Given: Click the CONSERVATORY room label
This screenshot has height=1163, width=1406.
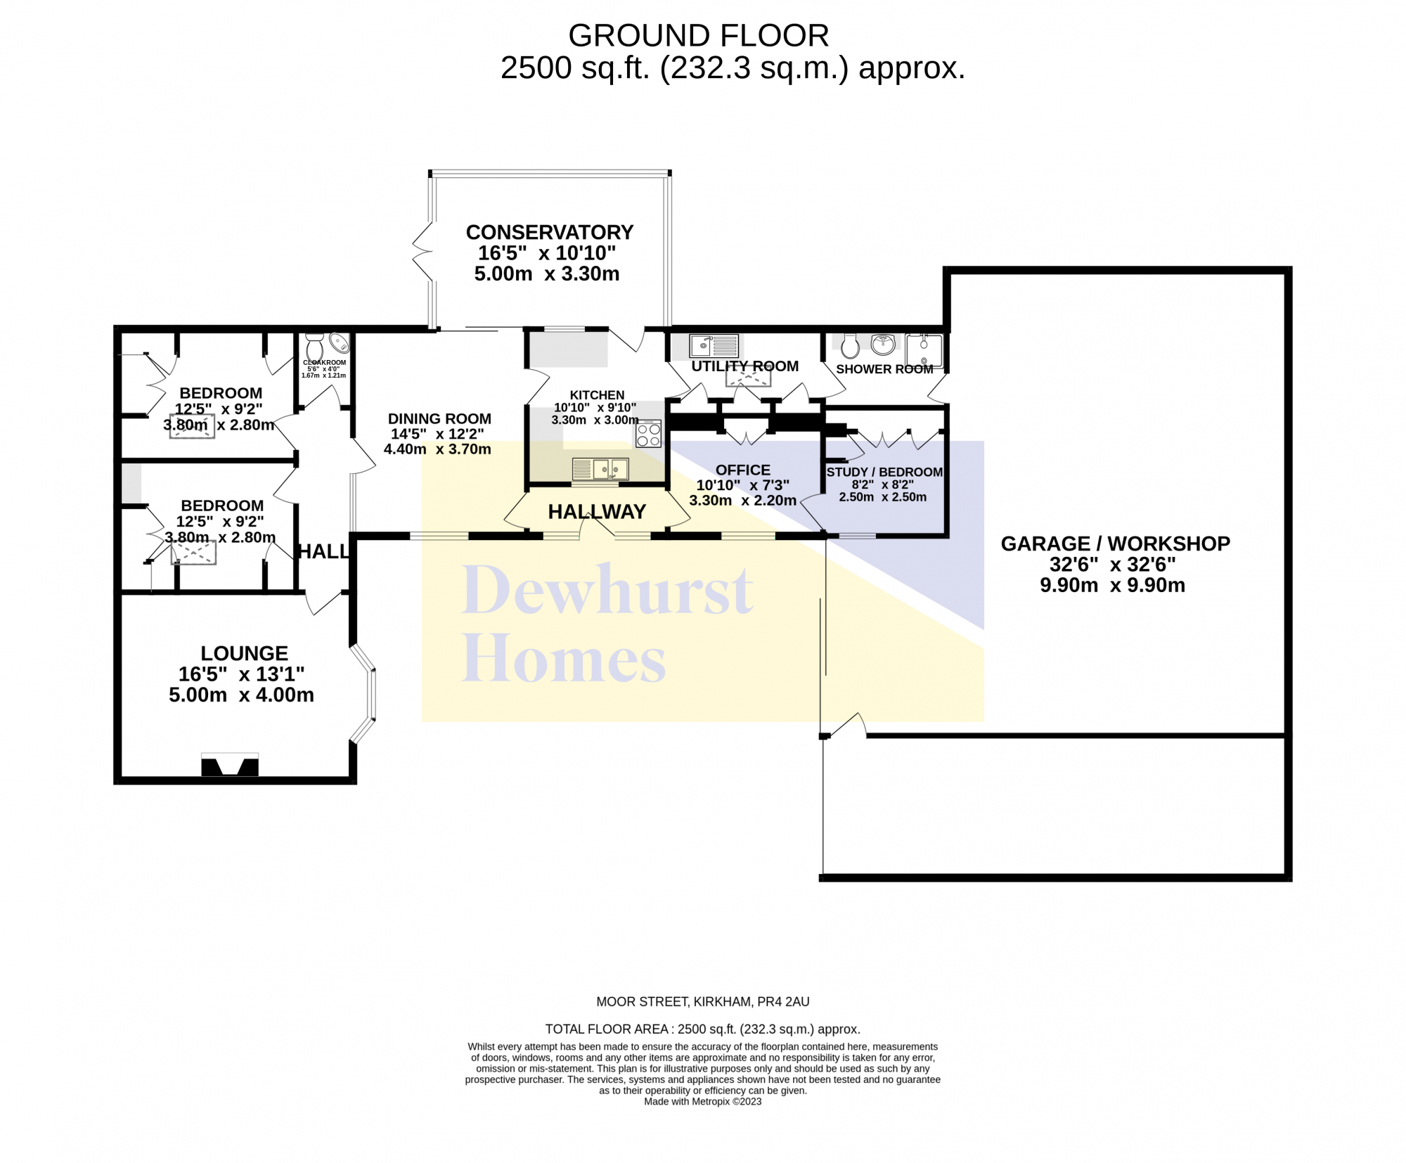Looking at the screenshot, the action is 550,232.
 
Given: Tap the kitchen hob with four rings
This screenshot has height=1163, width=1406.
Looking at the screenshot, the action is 649,433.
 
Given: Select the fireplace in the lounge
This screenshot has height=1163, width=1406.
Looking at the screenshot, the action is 230,765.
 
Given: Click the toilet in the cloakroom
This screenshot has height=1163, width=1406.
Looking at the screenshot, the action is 314,347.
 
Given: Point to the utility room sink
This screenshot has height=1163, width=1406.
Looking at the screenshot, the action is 714,346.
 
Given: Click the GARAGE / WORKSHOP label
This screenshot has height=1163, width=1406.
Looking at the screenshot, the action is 1115,544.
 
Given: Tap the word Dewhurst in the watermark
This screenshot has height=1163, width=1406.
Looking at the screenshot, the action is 607,590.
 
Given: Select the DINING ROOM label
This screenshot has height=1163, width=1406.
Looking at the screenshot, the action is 439,418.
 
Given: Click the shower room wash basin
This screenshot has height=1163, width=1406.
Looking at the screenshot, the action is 883,345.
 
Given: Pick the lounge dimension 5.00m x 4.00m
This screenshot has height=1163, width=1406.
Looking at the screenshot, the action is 241,695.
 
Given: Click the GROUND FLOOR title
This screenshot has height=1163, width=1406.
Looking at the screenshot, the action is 699,35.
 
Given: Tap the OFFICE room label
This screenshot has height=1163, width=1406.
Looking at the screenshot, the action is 743,470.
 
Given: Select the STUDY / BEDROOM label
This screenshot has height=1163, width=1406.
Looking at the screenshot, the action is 884,472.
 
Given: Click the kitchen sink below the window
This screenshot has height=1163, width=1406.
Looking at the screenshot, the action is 600,469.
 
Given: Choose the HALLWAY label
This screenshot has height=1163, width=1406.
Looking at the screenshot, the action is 597,512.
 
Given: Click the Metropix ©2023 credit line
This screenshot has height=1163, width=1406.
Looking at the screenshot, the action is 703,1101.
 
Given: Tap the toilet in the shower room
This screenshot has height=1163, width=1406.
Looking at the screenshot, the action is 850,345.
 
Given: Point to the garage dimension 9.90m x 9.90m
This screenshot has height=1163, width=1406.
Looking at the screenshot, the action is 1113,585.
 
